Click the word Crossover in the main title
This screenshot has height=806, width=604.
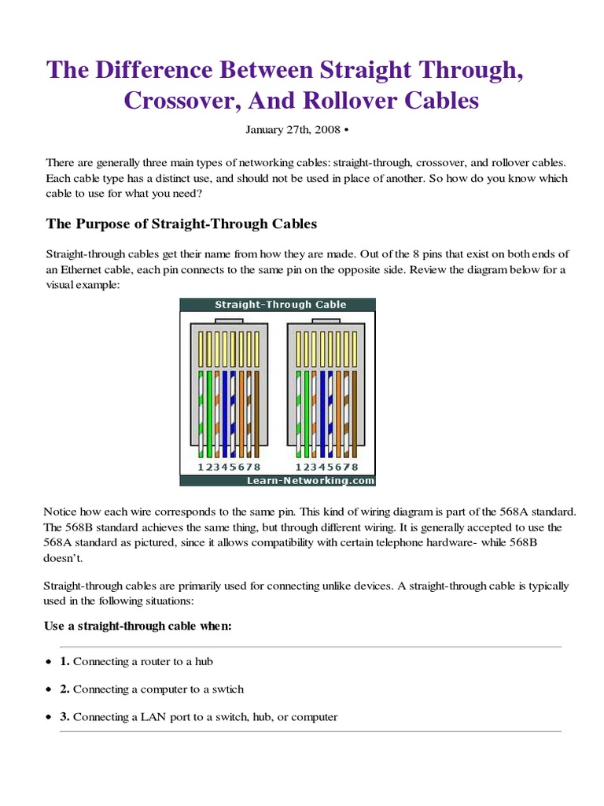[180, 101]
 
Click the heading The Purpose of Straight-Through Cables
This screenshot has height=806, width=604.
[182, 224]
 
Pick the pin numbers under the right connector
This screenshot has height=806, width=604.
[324, 467]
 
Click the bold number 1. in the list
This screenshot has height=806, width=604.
[65, 661]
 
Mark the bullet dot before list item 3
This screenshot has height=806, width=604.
[50, 717]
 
